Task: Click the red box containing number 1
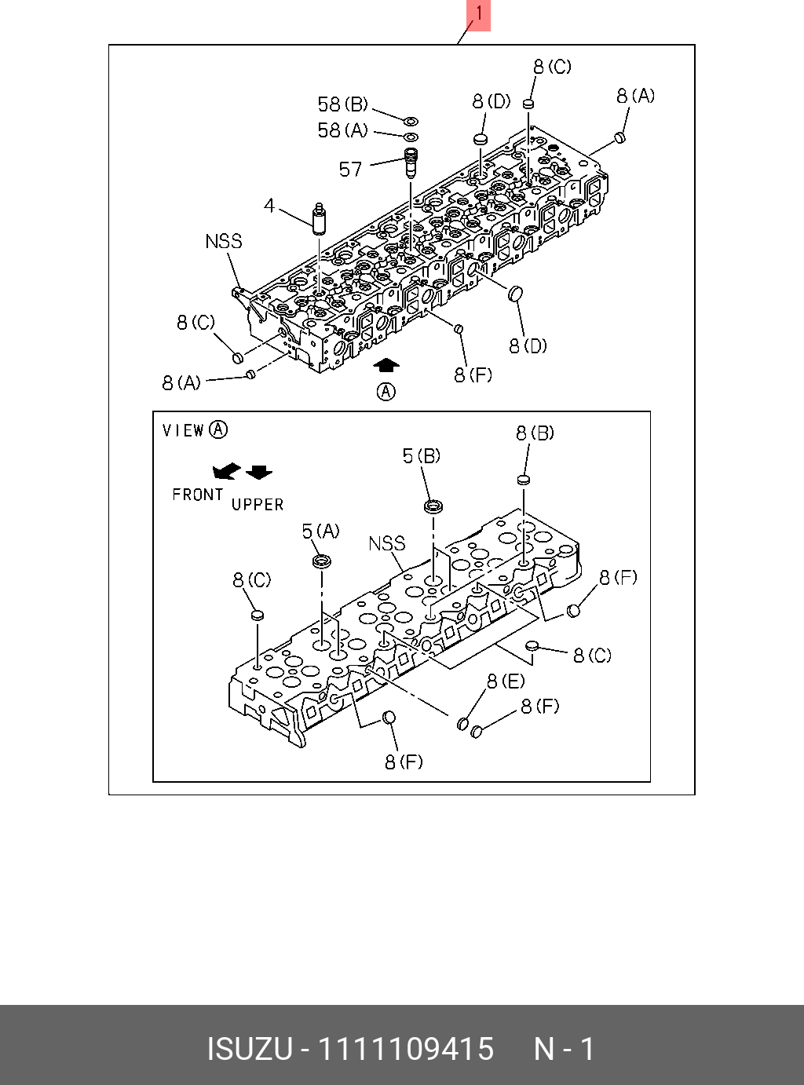pos(478,15)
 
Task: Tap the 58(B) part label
pos(342,104)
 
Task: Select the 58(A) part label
pos(342,130)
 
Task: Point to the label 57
pos(350,168)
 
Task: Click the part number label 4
pos(269,206)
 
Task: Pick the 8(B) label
pos(535,433)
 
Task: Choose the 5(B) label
pos(422,455)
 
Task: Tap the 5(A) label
pos(321,532)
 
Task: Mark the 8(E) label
pos(506,681)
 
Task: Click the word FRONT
pos(198,495)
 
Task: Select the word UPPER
pos(258,505)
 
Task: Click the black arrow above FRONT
pos(226,471)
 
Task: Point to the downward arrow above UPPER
pos(259,472)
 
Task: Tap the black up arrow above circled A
pos(386,365)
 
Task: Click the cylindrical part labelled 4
pos(318,217)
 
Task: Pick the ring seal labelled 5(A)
pos(321,561)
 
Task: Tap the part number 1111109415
pos(404,1049)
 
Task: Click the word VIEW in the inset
pos(183,430)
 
